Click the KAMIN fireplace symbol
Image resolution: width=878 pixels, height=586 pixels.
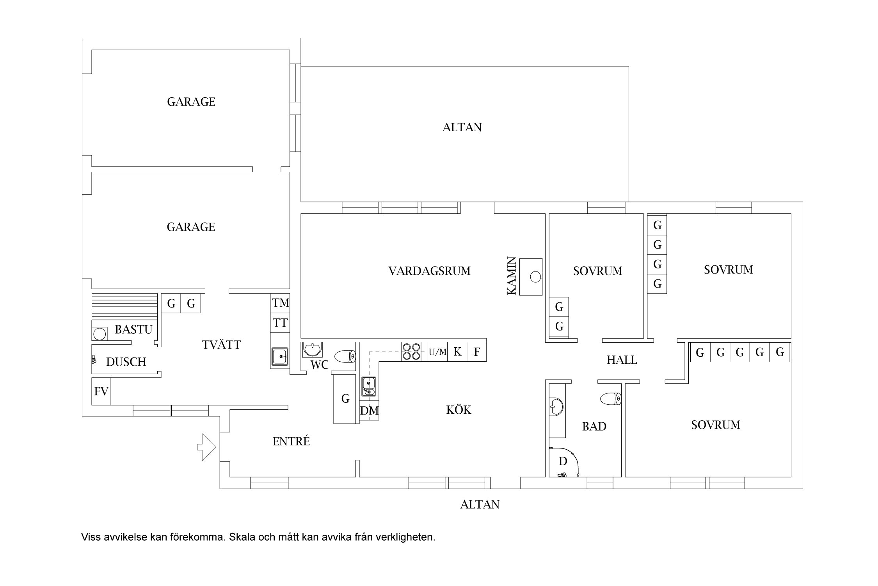click(531, 277)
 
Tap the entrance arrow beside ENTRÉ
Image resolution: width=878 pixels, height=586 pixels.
click(207, 447)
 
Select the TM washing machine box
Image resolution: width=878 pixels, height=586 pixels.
click(281, 303)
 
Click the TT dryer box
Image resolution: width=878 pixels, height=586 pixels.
click(281, 323)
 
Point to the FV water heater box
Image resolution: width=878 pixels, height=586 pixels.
click(101, 391)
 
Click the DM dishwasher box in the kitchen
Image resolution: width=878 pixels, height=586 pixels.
click(369, 411)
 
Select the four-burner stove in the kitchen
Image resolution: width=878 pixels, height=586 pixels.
click(411, 352)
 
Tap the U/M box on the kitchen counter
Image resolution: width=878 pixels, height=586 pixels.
click(437, 352)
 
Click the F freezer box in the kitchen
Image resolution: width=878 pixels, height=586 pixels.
click(477, 352)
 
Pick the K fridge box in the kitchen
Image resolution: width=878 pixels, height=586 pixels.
click(457, 352)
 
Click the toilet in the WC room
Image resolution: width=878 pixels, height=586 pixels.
click(345, 356)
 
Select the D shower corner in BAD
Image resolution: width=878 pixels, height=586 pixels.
click(564, 462)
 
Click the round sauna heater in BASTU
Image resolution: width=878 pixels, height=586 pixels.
click(100, 334)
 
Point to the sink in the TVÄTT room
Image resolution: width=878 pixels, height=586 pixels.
click(280, 356)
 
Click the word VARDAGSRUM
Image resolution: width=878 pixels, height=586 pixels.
click(429, 271)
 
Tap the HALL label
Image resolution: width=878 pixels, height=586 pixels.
click(622, 360)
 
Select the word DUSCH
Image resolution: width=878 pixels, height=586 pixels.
click(126, 362)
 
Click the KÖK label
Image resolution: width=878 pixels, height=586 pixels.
click(459, 409)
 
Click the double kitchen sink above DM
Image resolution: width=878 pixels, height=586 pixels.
click(369, 386)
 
